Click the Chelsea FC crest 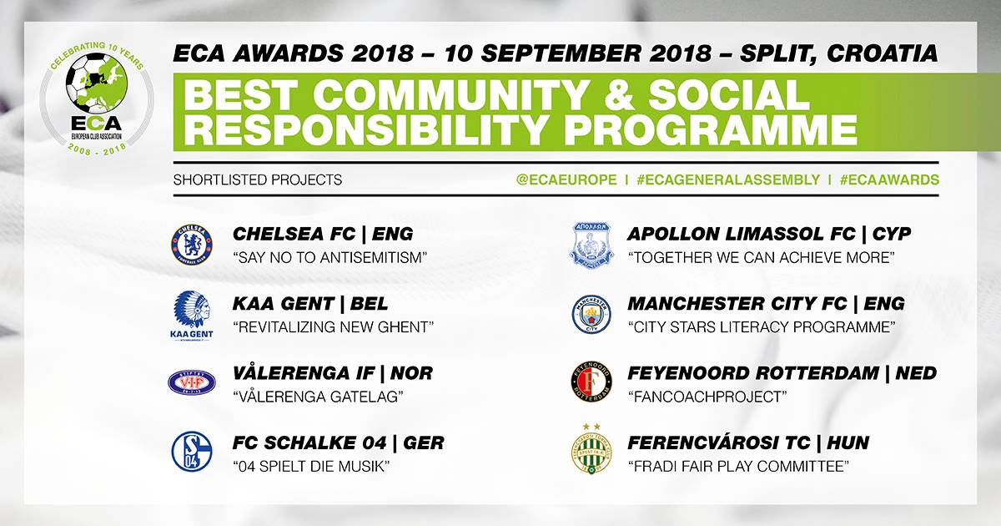(192, 245)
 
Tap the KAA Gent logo (192, 316)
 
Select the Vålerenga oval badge (192, 382)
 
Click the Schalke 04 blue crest (192, 452)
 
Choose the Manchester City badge (591, 314)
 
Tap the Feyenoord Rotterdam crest (591, 382)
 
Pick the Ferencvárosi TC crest (591, 449)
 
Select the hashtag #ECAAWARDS (889, 180)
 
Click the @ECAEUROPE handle (566, 180)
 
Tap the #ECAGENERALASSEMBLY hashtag (728, 180)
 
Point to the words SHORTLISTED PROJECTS (258, 180)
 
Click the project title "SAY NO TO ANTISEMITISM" (329, 258)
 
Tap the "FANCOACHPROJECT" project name (707, 397)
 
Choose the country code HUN (848, 443)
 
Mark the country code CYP (892, 234)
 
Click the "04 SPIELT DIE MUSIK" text (311, 467)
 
